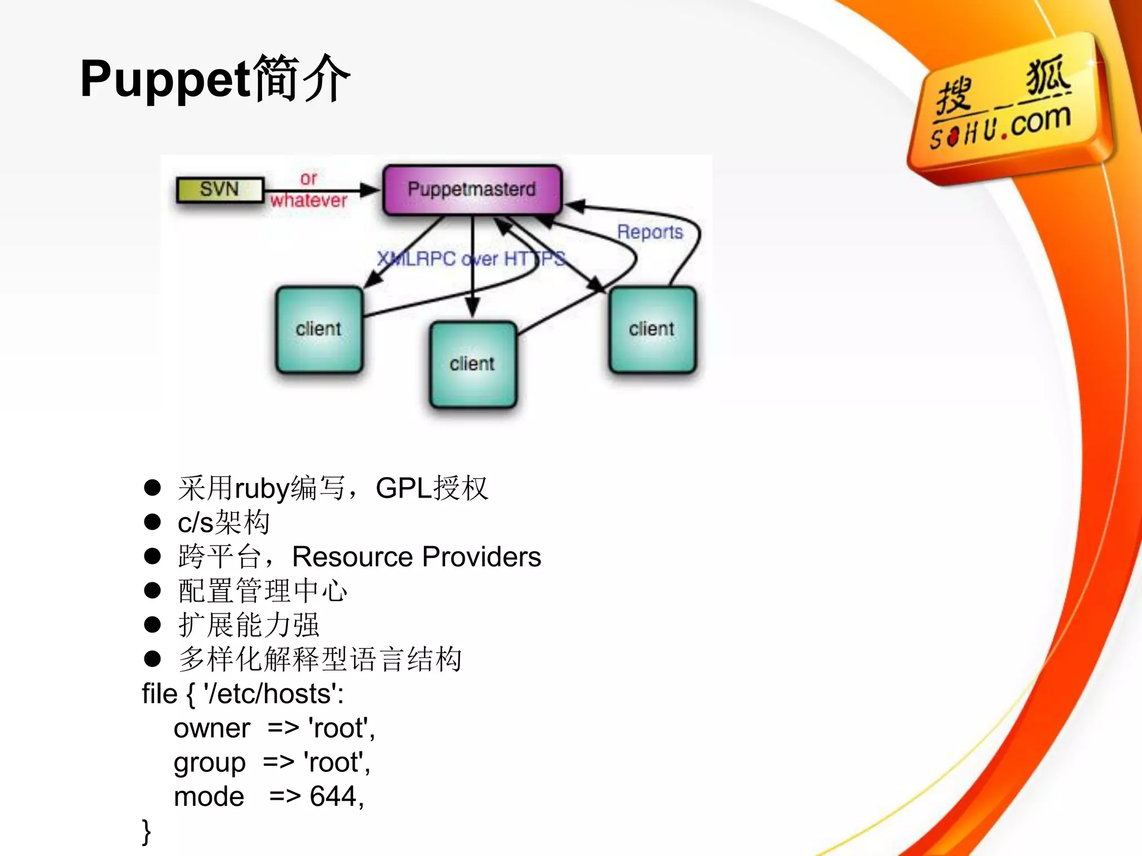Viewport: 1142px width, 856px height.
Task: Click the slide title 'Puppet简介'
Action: click(215, 79)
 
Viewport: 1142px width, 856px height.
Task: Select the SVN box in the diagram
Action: click(219, 189)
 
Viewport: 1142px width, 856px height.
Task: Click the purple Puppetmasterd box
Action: click(472, 189)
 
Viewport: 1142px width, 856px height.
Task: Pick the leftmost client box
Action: click(319, 329)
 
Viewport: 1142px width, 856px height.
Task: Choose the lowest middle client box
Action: click(472, 364)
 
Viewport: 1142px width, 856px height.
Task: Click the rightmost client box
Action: click(652, 329)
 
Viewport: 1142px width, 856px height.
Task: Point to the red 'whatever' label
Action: click(308, 201)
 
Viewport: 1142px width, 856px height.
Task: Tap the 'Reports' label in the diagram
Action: click(650, 232)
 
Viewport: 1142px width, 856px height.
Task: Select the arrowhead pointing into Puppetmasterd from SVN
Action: click(370, 190)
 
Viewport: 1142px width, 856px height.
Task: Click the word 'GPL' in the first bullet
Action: click(403, 489)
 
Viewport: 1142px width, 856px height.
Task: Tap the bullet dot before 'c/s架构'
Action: click(152, 522)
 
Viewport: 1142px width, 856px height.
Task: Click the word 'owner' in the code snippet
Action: click(212, 729)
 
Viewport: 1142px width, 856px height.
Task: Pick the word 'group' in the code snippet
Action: click(210, 763)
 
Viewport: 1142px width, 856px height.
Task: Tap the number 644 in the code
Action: click(333, 797)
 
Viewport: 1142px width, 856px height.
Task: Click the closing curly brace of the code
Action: click(147, 832)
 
